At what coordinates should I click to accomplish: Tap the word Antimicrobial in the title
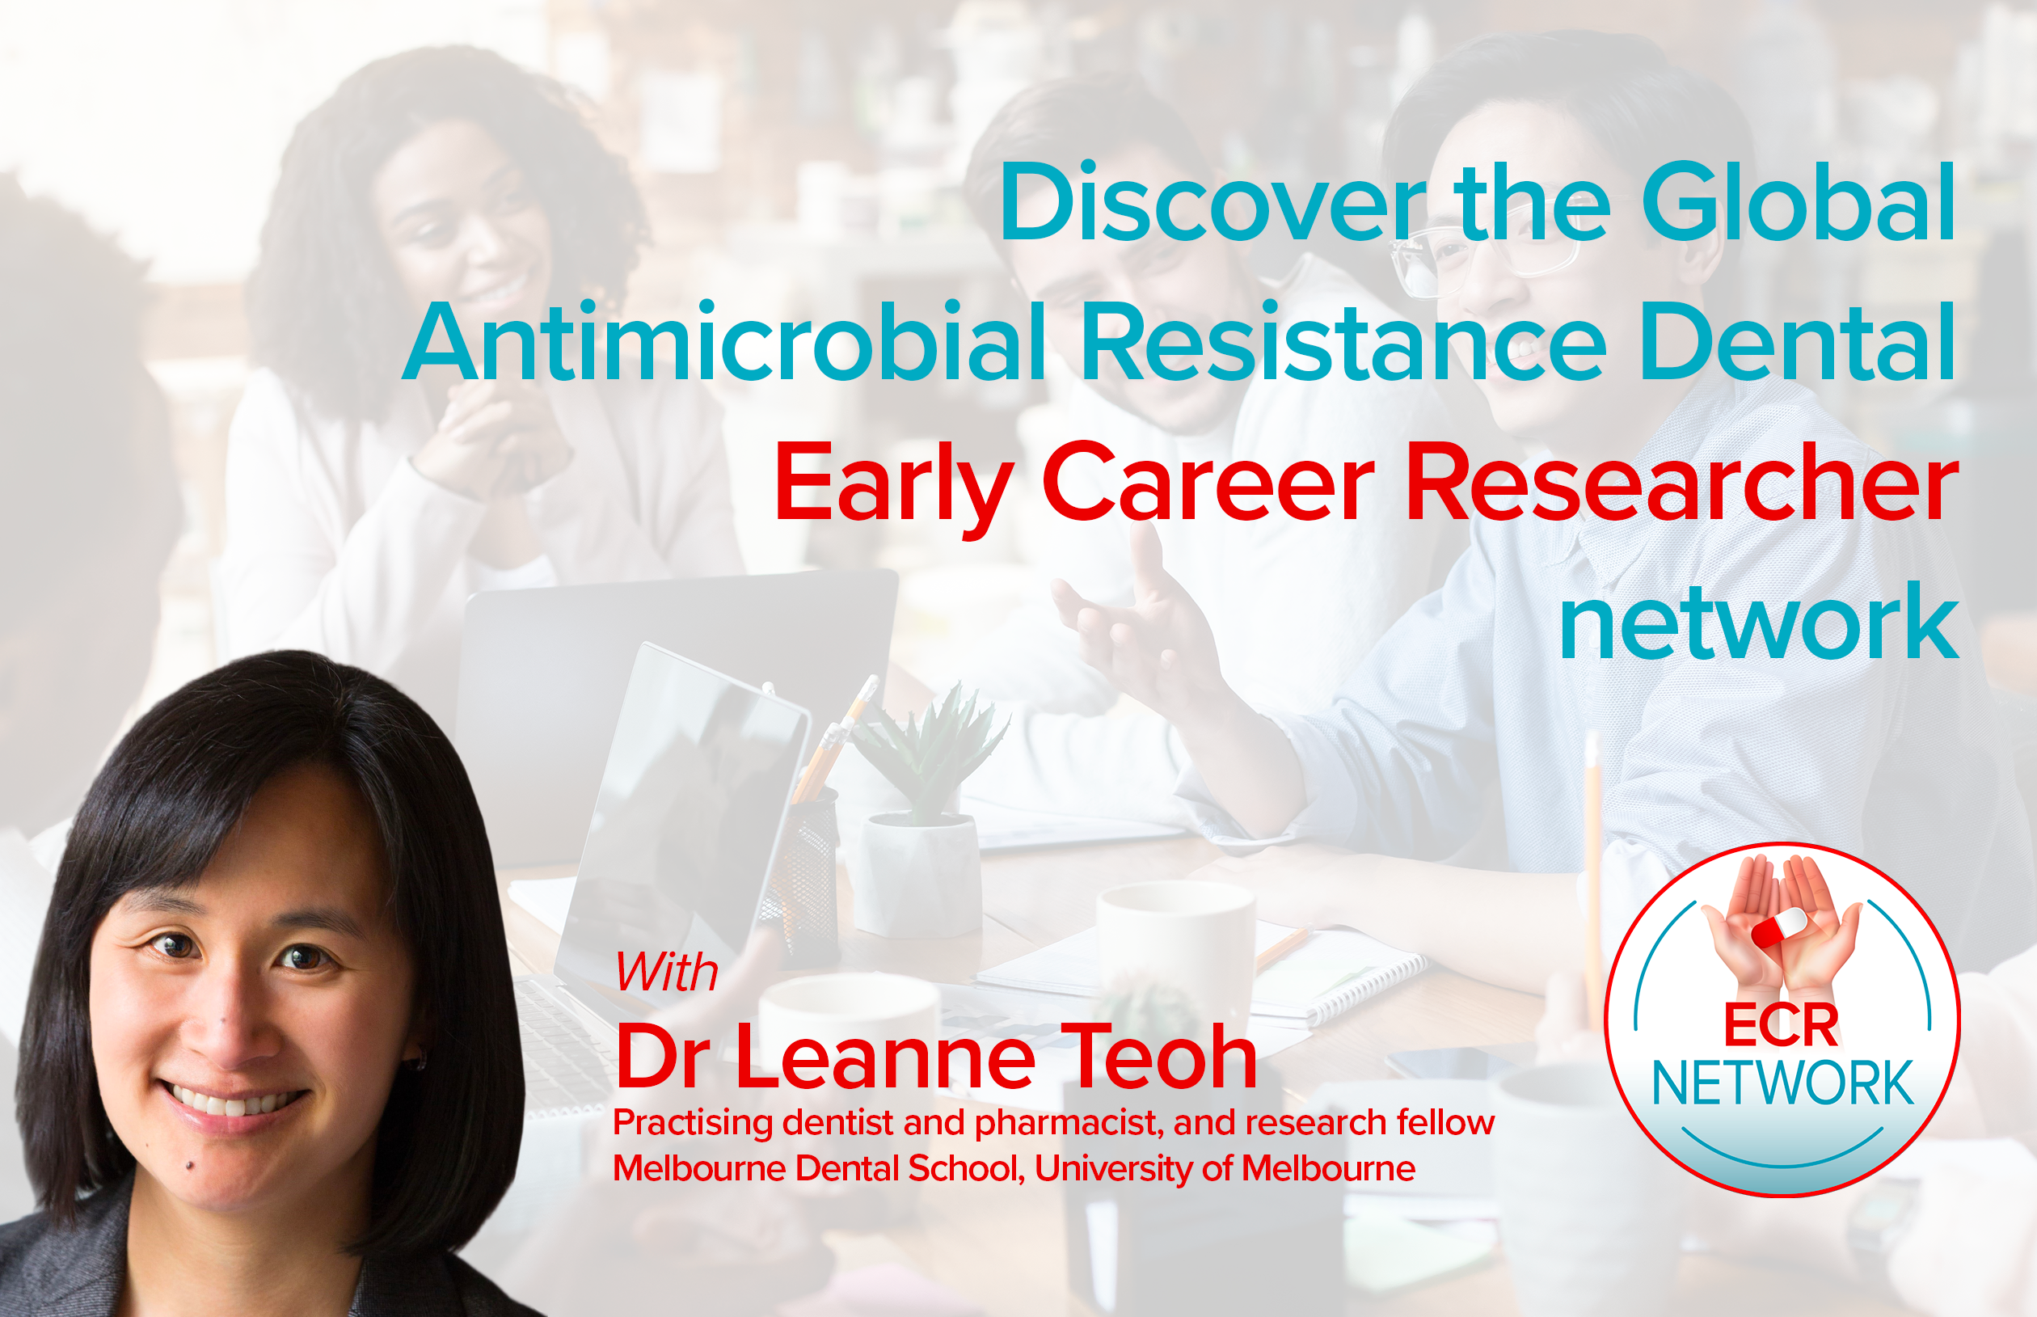tap(724, 340)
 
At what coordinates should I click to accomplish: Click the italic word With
tap(667, 973)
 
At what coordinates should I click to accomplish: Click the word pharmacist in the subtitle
tap(1069, 1123)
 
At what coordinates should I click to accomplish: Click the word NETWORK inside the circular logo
tap(1782, 1083)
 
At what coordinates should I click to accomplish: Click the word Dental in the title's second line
tap(1799, 341)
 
